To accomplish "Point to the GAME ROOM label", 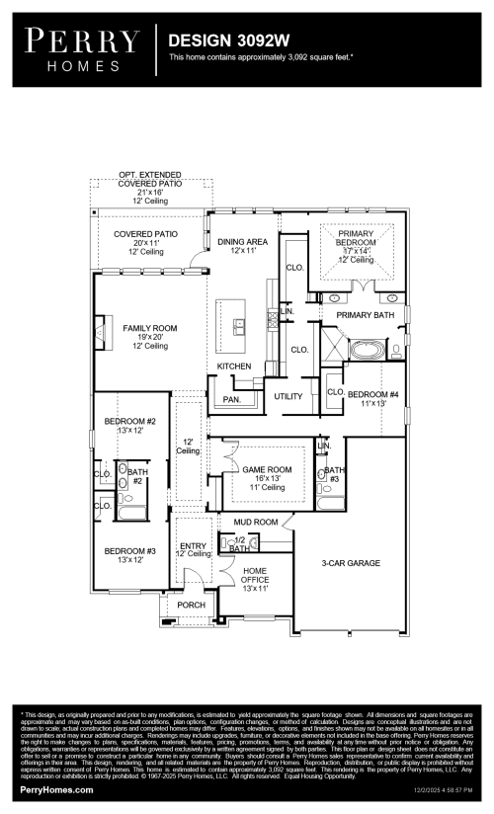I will [x=268, y=469].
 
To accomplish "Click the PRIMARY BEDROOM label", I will [x=356, y=237].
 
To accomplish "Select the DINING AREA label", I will [x=242, y=241].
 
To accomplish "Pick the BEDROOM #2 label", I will [x=130, y=423].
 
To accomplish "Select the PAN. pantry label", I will [x=232, y=399].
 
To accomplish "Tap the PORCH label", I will [x=191, y=605].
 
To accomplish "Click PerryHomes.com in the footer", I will [x=57, y=790].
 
